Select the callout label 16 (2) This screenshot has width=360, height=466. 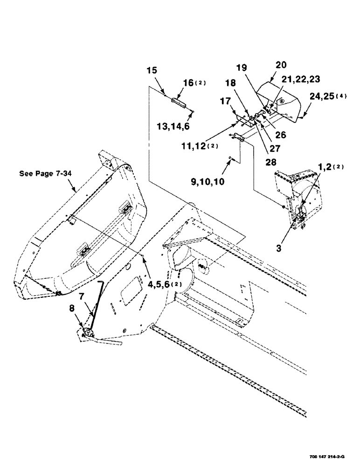(192, 83)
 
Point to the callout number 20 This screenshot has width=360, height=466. (281, 65)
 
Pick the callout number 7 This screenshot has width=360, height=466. (81, 296)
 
